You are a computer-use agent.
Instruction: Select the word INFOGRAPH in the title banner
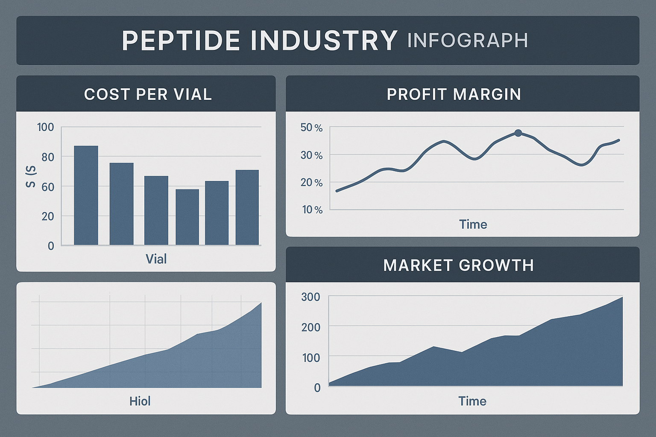468,41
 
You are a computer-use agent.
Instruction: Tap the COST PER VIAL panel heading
148,94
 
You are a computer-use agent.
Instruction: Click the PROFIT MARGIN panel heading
454,94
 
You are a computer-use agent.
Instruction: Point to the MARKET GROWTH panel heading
458,265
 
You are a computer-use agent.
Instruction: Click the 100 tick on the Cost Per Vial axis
45,127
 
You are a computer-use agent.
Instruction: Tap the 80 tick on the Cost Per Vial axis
48,157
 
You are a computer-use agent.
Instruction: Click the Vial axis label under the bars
156,259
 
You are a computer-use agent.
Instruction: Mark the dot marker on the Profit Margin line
518,133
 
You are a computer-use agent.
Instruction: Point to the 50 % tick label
311,128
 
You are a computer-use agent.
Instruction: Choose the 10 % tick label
312,210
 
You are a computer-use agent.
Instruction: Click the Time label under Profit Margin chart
473,224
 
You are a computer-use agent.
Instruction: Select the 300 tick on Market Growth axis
310,297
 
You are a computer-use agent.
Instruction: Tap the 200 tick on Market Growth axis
310,327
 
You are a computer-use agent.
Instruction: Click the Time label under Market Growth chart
472,401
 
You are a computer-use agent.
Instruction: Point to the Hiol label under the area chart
140,401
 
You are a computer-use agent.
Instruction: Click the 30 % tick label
311,155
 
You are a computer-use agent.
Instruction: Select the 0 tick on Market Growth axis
317,387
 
